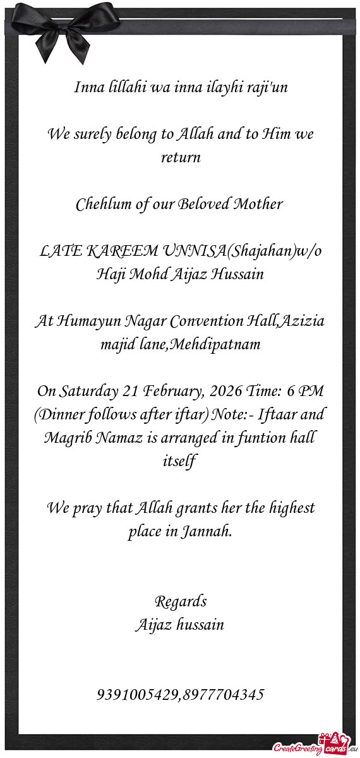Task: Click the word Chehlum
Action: click(x=99, y=205)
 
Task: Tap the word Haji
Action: click(x=108, y=275)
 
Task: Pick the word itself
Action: click(x=181, y=462)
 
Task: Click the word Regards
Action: click(x=181, y=601)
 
